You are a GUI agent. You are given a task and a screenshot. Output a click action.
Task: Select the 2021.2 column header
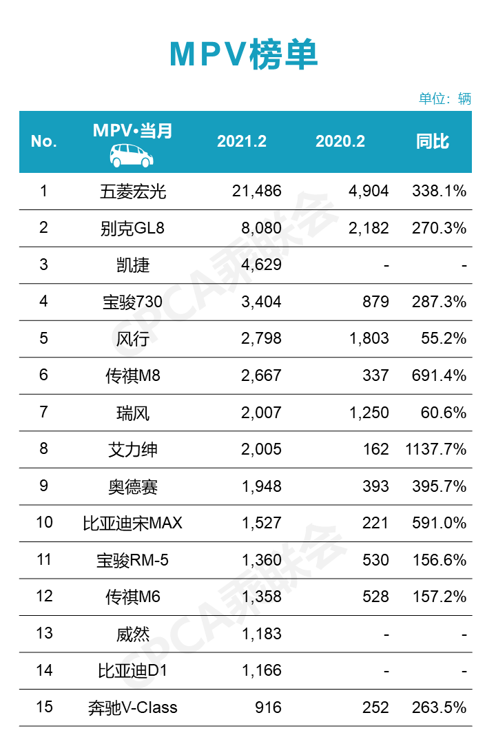242,141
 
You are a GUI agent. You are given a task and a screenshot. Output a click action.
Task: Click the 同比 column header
433,141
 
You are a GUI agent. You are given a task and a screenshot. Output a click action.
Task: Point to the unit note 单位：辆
445,98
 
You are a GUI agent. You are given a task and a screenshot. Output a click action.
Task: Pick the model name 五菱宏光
133,191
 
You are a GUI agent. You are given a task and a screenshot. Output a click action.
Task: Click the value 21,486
256,191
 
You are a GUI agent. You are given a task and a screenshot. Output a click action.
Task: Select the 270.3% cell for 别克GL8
439,227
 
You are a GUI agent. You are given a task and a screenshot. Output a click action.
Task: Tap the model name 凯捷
133,265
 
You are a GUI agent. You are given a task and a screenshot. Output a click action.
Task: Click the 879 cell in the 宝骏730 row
375,302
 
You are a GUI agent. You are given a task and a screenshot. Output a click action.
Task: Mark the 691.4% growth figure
439,375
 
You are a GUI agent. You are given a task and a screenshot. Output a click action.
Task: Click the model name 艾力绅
133,450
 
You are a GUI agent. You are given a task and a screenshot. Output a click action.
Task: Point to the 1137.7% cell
436,449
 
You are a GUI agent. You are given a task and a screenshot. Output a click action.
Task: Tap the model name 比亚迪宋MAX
133,523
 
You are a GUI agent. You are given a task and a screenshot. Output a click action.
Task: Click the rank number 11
44,559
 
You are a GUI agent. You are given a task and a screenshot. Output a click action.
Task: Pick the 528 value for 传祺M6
375,597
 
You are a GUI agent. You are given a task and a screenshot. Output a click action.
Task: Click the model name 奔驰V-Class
133,707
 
